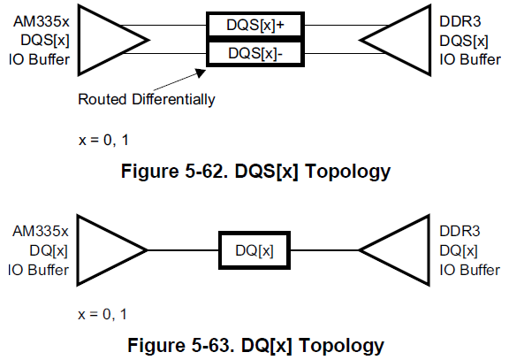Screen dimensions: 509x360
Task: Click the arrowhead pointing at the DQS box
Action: (x=201, y=73)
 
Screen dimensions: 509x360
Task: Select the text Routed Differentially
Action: (x=147, y=99)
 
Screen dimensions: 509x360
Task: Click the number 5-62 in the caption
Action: (x=204, y=171)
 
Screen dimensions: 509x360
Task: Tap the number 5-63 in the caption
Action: (x=210, y=345)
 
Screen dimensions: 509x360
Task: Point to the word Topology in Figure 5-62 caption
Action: (x=347, y=172)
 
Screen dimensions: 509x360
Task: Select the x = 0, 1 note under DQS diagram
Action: (x=103, y=141)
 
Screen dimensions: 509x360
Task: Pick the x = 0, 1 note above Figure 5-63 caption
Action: (x=103, y=315)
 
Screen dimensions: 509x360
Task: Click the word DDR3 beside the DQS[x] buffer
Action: (x=460, y=21)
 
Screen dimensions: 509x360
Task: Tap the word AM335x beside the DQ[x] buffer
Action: (x=41, y=232)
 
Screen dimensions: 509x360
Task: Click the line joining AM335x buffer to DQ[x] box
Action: (x=184, y=250)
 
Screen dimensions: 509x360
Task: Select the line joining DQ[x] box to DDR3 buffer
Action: (x=324, y=250)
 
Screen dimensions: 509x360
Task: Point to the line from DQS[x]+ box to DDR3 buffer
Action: (x=346, y=25)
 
